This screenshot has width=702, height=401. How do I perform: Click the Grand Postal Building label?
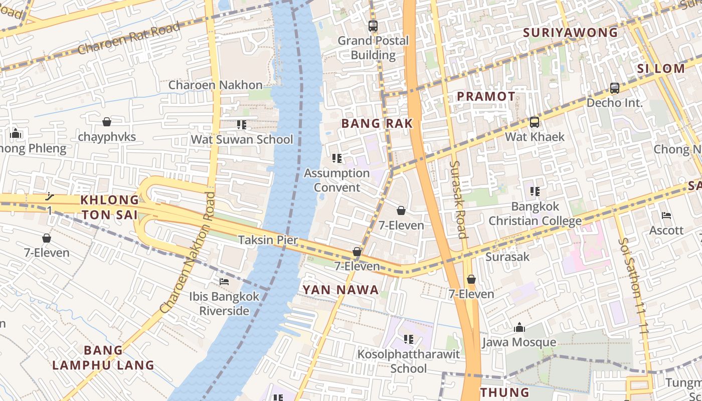pyautogui.click(x=373, y=48)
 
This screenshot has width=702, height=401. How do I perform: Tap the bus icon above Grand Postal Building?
pyautogui.click(x=373, y=26)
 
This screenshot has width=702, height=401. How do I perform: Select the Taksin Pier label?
pyautogui.click(x=268, y=240)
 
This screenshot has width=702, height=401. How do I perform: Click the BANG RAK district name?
pyautogui.click(x=377, y=123)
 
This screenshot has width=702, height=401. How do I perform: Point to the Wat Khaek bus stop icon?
pyautogui.click(x=535, y=122)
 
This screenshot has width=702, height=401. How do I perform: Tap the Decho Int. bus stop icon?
pyautogui.click(x=615, y=88)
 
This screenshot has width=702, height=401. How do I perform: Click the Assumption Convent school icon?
pyautogui.click(x=337, y=158)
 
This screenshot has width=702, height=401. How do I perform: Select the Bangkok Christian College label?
pyautogui.click(x=535, y=214)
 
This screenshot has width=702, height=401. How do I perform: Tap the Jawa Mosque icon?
pyautogui.click(x=519, y=328)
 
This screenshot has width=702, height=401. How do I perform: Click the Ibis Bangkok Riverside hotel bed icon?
pyautogui.click(x=224, y=282)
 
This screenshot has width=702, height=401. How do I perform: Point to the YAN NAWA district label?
pyautogui.click(x=340, y=290)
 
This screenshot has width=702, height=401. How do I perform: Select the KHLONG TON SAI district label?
pyautogui.click(x=110, y=207)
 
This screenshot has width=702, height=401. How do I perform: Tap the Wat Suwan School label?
pyautogui.click(x=242, y=139)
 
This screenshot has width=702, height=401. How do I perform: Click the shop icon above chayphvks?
pyautogui.click(x=106, y=122)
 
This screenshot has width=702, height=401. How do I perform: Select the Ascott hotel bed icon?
pyautogui.click(x=666, y=216)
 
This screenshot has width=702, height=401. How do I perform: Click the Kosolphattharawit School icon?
pyautogui.click(x=409, y=339)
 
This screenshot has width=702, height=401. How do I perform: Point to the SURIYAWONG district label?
pyautogui.click(x=571, y=33)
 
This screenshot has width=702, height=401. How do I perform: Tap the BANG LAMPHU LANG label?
pyautogui.click(x=103, y=357)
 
